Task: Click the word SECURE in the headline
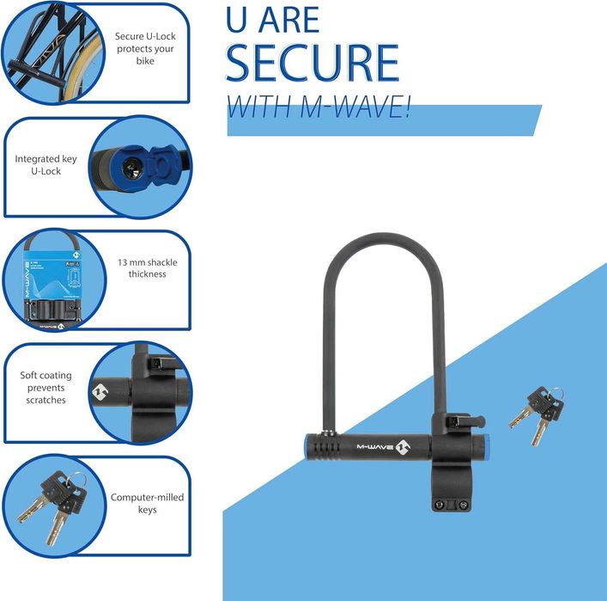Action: (x=312, y=62)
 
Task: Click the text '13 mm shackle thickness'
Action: (x=142, y=268)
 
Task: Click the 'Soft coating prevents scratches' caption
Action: (x=46, y=388)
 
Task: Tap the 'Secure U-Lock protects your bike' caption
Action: (x=145, y=49)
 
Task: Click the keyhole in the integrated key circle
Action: (x=134, y=164)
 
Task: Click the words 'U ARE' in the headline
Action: (x=272, y=20)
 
